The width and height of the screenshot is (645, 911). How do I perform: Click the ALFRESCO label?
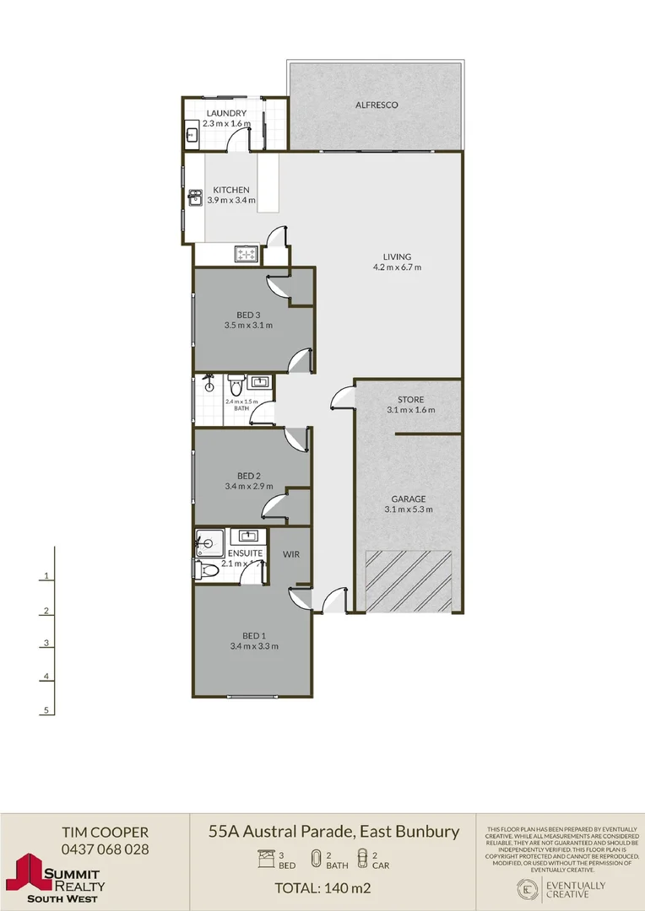pyautogui.click(x=376, y=105)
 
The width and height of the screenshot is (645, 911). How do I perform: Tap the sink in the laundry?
pyautogui.click(x=191, y=133)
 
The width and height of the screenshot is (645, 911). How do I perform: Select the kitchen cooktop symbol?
pyautogui.click(x=247, y=253)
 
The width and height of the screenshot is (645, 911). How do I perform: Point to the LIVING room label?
pyautogui.click(x=397, y=257)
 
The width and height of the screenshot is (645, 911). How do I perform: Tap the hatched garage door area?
pyautogui.click(x=409, y=579)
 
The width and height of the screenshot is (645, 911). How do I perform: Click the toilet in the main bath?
pyautogui.click(x=236, y=385)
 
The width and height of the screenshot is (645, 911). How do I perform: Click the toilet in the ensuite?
pyautogui.click(x=207, y=571)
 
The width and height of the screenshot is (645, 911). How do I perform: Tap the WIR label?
pyautogui.click(x=291, y=554)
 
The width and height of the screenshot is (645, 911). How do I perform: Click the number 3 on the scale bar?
pyautogui.click(x=46, y=644)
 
